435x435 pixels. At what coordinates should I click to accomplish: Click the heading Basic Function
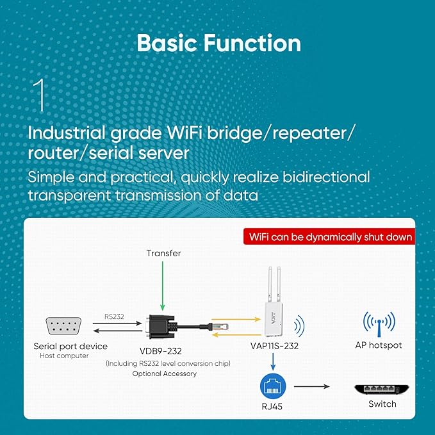[x=218, y=43]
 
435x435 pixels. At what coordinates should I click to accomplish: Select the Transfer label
[x=163, y=253]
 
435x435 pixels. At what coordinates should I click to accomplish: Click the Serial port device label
[x=70, y=346]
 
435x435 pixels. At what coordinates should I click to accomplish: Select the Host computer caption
[x=64, y=356]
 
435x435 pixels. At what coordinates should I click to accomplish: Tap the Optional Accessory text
[x=165, y=373]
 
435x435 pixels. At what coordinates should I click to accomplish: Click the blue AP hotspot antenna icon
[x=379, y=323]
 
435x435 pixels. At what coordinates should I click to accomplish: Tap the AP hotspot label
[x=379, y=345]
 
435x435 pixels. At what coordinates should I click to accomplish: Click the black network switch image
[x=382, y=388]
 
